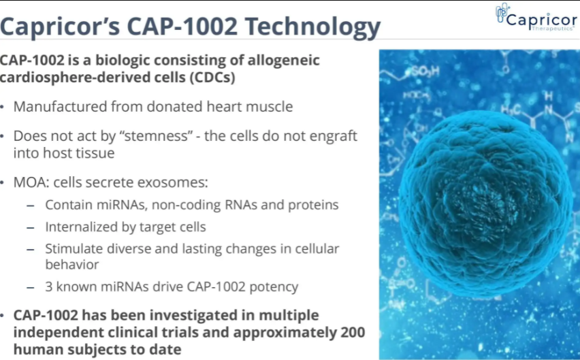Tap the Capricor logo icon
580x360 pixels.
502,13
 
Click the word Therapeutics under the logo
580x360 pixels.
553,29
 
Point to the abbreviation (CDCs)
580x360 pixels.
212,78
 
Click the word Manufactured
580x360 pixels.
61,106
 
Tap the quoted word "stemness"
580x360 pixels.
156,135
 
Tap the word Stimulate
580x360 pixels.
74,249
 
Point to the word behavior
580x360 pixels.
72,265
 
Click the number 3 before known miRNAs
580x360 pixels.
49,287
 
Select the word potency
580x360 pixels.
274,287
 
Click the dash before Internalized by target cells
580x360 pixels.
31,227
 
